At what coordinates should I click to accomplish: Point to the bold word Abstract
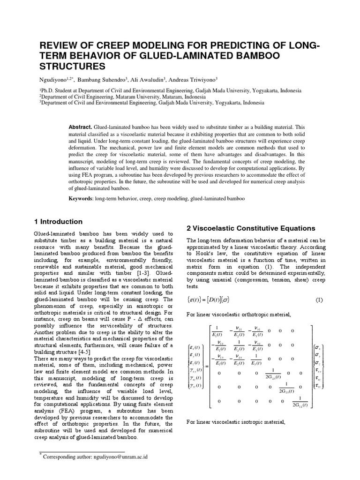(80, 127)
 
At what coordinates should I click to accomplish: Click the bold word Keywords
(81, 198)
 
